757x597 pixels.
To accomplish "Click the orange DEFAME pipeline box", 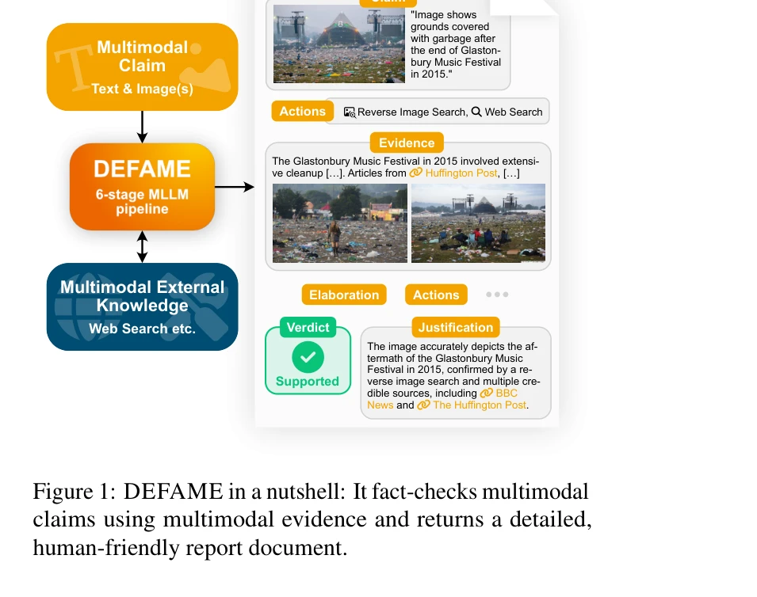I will pos(143,187).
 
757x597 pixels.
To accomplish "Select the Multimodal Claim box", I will pos(143,67).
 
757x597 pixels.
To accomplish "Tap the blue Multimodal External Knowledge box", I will pos(143,306).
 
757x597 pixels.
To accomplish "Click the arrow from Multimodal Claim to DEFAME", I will pos(143,127).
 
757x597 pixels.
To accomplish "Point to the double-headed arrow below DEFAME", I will pos(143,246).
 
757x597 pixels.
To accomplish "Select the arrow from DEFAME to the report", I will pos(235,187).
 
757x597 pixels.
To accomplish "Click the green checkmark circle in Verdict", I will pos(308,357).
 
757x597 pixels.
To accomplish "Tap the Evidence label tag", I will pos(407,143).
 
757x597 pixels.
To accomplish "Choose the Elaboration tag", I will pos(344,295).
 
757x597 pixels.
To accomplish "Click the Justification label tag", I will pos(456,327).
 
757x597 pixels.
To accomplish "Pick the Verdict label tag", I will pos(308,327).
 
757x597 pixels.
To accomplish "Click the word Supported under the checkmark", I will pos(308,382).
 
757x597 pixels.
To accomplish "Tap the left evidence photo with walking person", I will pos(340,223).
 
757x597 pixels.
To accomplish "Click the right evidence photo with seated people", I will pos(479,223).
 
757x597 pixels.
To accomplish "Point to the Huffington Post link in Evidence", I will pos(461,173).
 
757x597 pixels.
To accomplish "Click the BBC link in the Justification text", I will pos(506,393).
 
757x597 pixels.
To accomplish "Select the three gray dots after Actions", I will pos(497,295).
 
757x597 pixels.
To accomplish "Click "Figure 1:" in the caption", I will pos(75,492).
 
